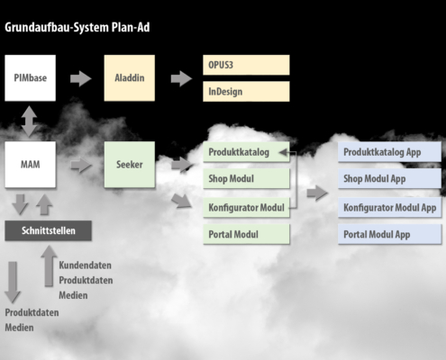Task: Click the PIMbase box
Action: (30, 77)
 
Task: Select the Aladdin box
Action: (130, 77)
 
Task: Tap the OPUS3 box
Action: (246, 65)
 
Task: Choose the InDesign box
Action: (246, 91)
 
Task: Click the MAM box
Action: (30, 165)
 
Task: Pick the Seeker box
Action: (130, 165)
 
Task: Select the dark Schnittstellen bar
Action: (48, 230)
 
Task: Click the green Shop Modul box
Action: (246, 178)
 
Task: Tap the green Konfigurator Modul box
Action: (246, 207)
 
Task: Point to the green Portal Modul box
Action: (246, 234)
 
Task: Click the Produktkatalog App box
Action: (389, 152)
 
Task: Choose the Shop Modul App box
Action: (389, 178)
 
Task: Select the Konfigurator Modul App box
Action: (389, 207)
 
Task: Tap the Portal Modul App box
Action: (389, 234)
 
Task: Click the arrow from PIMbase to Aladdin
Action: (81, 78)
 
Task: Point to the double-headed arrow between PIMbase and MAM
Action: (29, 121)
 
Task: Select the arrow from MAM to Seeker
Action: (81, 165)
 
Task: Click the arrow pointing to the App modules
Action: (317, 193)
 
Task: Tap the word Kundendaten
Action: (85, 265)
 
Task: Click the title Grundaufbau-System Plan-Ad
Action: (77, 27)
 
